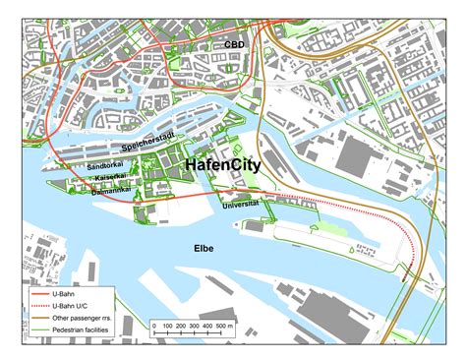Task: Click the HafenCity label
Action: point(222,166)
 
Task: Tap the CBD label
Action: point(235,45)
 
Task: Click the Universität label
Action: point(241,203)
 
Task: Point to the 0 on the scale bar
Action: point(153,325)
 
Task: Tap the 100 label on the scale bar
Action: point(167,325)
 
